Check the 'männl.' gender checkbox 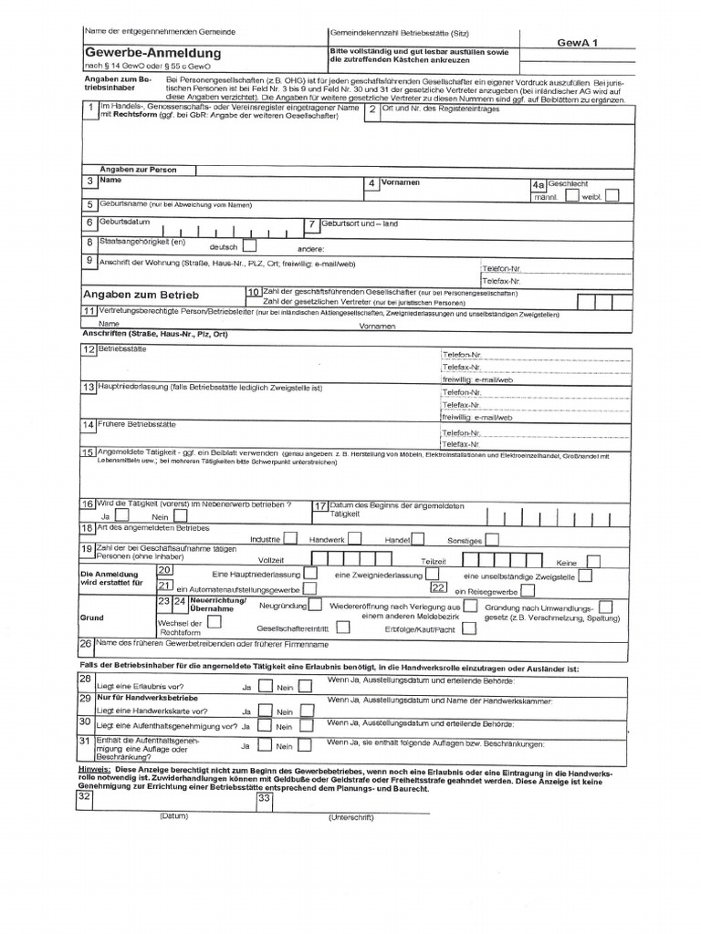coord(571,195)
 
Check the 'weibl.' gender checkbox coord(612,195)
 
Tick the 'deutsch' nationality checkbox coord(249,245)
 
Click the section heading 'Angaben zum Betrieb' coord(141,295)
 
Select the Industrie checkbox coord(290,539)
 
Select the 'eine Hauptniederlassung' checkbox coord(310,574)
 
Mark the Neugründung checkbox coord(315,604)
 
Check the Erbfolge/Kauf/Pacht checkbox coord(468,628)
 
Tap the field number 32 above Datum coord(85,797)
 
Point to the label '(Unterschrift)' coord(351,817)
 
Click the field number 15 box coord(88,451)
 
